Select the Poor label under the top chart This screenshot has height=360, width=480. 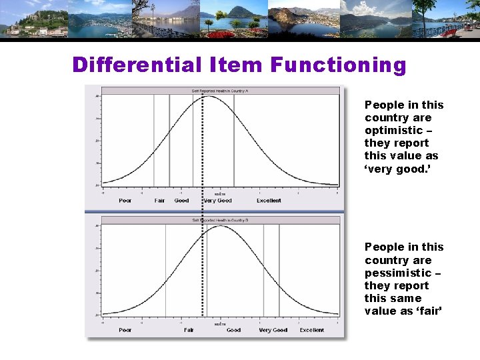(125, 201)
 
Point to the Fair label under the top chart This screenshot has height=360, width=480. (160, 201)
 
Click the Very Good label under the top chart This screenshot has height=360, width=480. (217, 201)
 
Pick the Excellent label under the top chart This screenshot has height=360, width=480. (269, 201)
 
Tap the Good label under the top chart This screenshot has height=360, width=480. (181, 201)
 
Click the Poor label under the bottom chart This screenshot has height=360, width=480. (125, 330)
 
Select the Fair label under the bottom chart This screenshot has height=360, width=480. (189, 330)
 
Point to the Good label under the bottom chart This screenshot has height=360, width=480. (233, 330)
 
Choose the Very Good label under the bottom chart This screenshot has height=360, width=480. (273, 330)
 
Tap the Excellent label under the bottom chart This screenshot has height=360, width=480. (312, 330)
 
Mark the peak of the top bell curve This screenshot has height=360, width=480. (209, 97)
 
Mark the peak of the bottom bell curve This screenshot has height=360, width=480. (221, 226)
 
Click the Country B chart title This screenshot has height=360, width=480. (220, 219)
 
